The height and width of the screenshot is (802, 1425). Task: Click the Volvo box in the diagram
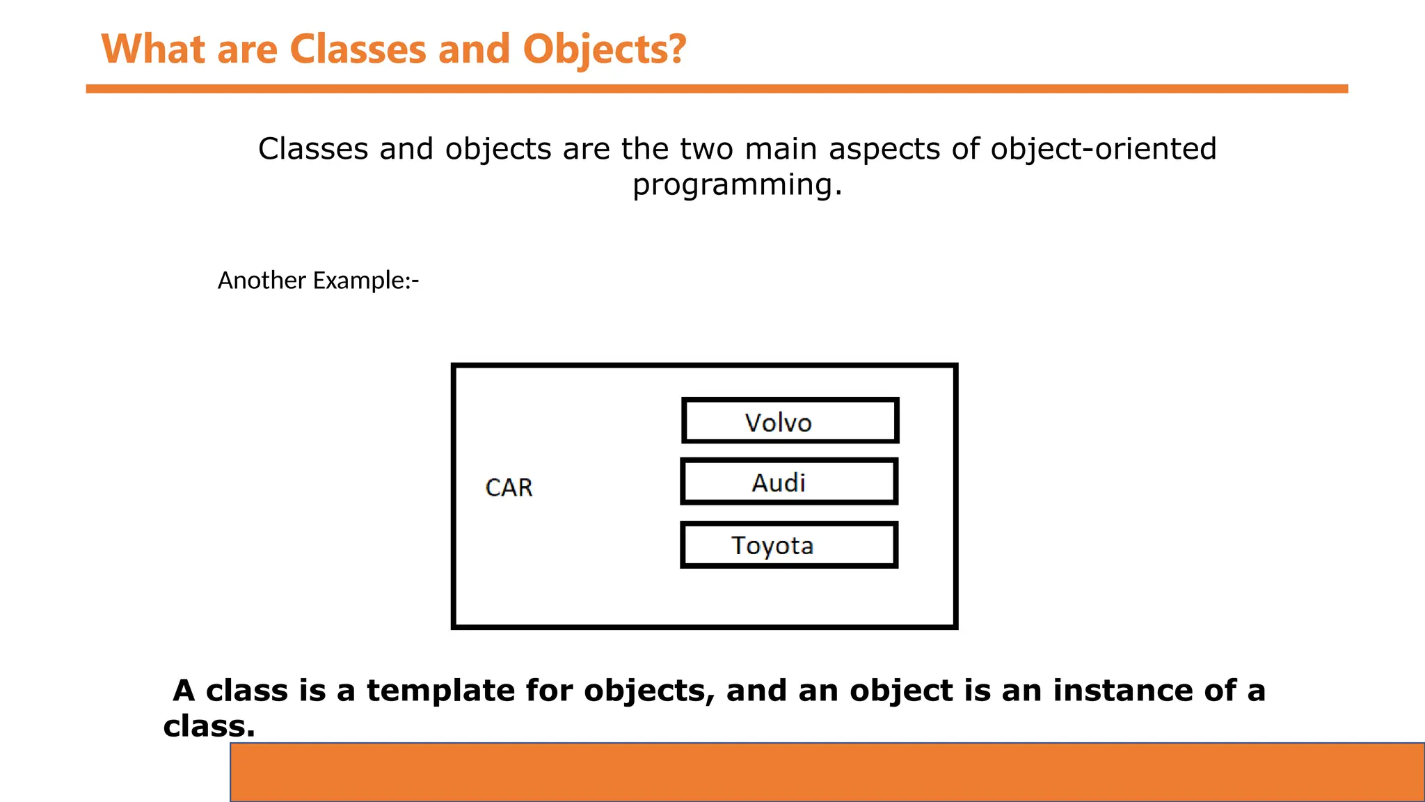coord(790,420)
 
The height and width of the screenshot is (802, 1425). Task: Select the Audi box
coord(789,481)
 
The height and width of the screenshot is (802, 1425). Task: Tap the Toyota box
coord(789,545)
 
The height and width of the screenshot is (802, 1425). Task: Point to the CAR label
coord(509,487)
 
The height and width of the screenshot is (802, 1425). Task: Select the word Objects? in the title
coord(604,49)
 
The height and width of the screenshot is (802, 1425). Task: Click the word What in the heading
coord(154,49)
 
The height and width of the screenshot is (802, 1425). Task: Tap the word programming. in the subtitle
coord(737,185)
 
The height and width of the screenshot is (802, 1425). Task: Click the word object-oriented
coord(1103,149)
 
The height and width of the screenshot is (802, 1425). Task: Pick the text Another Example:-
coord(318,281)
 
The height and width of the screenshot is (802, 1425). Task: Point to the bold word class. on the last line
coord(209,726)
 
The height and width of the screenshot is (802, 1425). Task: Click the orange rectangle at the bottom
coord(827,772)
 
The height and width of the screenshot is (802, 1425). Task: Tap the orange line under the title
coord(717,89)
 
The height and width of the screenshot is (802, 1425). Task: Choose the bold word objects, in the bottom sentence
coord(649,691)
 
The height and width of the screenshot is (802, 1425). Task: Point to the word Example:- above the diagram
coord(366,281)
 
